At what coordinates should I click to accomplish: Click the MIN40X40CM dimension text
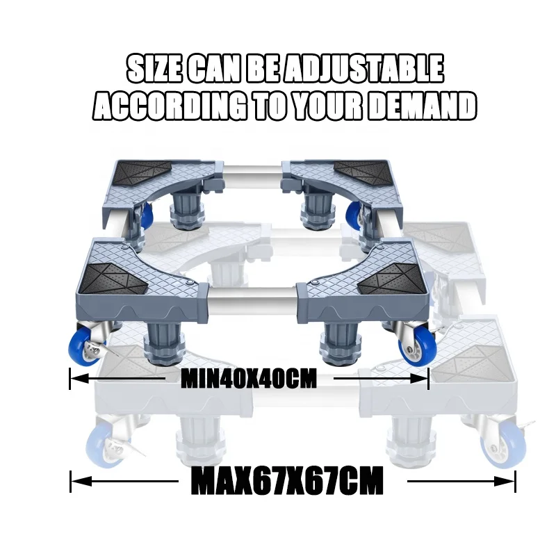tap(248, 379)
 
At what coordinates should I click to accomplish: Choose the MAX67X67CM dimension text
tap(286, 480)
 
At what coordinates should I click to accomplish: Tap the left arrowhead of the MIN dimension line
tap(74, 379)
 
